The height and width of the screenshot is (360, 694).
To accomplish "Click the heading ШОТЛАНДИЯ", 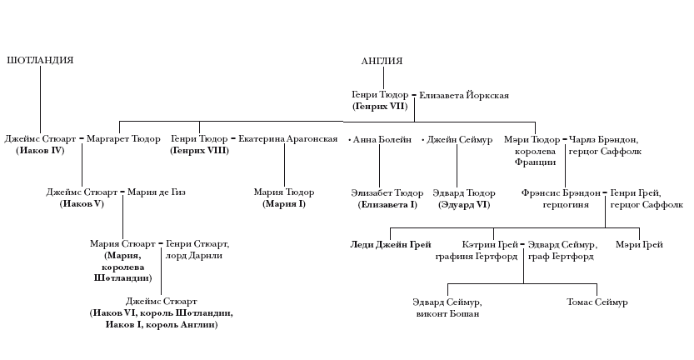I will pos(40,61).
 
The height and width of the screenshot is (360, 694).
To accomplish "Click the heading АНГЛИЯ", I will pos(382,61).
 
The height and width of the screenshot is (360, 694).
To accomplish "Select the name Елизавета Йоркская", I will pos(464,96).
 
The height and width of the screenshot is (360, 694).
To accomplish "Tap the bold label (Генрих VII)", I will pos(379,107).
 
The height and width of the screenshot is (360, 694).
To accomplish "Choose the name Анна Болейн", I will pos(382,139).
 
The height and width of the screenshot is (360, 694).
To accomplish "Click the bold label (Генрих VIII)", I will pos(199,151).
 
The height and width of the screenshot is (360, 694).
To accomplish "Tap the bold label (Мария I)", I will pos(284,204).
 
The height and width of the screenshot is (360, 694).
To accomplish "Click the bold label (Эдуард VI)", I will pos(465,204).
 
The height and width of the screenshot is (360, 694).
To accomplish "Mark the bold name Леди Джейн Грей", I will pos(385,245).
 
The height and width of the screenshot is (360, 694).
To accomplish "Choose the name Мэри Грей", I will pos(639,245).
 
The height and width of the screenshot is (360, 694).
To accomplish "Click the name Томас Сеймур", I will pos(597,302).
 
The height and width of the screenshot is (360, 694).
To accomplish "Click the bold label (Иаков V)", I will pos(81,204).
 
